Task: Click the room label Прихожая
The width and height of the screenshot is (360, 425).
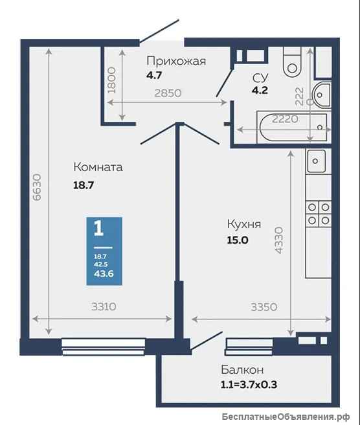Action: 176,62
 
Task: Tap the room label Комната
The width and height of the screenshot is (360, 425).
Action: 98,167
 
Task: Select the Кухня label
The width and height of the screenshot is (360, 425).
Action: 244,225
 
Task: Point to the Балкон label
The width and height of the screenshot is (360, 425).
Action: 242,369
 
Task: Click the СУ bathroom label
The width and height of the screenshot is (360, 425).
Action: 260,78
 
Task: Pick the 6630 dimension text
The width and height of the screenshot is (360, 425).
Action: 37,187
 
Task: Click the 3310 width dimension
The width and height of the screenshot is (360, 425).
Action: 104,306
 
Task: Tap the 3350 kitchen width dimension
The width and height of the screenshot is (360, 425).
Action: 264,307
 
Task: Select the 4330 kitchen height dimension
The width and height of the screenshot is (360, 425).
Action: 278,240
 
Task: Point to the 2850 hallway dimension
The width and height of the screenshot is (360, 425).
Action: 168,93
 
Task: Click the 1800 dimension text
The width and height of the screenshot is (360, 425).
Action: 111,80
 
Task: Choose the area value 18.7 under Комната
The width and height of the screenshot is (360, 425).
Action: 84,185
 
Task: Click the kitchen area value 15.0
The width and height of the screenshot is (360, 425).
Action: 237,240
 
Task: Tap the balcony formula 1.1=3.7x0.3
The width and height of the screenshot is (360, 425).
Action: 249,384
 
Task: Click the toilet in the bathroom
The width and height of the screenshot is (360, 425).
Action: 292,62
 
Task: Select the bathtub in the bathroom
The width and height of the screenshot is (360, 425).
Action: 294,127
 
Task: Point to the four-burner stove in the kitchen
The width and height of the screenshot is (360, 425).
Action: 319,214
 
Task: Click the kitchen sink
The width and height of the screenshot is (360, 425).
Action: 315,161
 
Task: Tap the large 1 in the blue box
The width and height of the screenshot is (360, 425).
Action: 98,228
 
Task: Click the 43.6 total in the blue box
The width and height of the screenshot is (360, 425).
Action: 104,273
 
